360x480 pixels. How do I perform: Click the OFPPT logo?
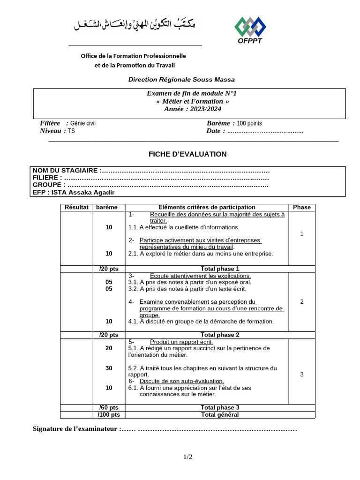(x=250, y=30)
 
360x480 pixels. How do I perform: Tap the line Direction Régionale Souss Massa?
(x=181, y=80)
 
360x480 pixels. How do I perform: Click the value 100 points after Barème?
(x=249, y=123)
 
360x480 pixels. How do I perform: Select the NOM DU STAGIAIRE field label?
(x=66, y=170)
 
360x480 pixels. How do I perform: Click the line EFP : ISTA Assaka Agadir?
(x=74, y=193)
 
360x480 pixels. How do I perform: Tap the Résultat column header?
(x=76, y=207)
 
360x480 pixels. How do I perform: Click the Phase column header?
(x=301, y=207)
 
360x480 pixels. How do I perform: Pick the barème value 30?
(x=109, y=368)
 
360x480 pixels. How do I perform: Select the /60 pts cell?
(x=109, y=407)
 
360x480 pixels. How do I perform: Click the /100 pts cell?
(x=109, y=414)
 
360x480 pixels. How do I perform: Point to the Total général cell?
(x=220, y=414)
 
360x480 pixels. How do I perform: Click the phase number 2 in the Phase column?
(x=301, y=301)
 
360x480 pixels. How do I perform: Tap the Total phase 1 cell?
(x=220, y=269)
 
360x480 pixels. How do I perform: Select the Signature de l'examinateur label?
(x=75, y=429)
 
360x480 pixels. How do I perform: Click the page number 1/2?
(x=187, y=457)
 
